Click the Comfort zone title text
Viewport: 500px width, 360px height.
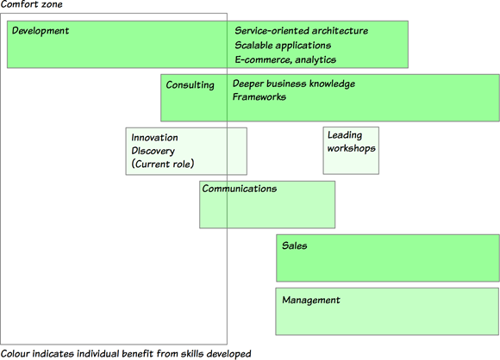[x=31, y=4]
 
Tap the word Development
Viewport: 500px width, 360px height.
[x=41, y=31]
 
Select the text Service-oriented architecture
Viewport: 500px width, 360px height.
[x=302, y=31]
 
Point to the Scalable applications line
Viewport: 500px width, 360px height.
[x=283, y=46]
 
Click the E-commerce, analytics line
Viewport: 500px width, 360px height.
[x=285, y=60]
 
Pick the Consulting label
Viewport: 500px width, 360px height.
[x=190, y=85]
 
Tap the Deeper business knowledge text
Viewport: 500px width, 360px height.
[x=294, y=84]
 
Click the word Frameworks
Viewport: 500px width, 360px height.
[x=259, y=96]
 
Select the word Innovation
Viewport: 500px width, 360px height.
[x=154, y=138]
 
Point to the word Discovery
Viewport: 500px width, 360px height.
[x=153, y=151]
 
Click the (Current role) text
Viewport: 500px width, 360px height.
[x=163, y=164]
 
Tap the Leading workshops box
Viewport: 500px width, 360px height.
[x=351, y=151]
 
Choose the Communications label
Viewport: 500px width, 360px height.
[x=240, y=189]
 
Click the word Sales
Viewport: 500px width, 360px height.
[x=295, y=245]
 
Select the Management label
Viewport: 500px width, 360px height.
[x=311, y=300]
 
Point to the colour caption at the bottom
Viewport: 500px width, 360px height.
[x=126, y=354]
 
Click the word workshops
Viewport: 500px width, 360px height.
[x=352, y=148]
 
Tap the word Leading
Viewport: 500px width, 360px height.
[x=345, y=135]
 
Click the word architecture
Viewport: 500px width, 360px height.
[x=340, y=31]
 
